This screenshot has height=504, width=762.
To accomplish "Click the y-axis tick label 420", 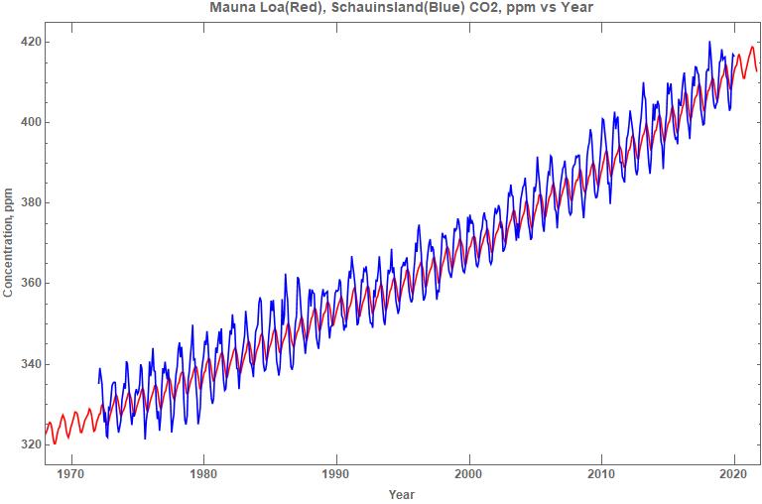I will point(28,42).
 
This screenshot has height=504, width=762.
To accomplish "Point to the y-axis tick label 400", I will point(28,122).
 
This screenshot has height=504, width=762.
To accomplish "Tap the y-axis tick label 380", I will point(28,202).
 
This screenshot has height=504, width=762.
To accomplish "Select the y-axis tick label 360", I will point(28,283).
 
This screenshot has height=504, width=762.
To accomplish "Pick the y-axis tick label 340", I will point(28,363).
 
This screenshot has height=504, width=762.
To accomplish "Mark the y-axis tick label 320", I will point(28,443).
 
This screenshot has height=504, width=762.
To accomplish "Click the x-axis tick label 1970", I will point(70,473).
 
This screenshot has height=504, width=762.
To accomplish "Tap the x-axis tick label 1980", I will point(203,473).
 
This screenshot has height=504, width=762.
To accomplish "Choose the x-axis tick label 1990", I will point(336,473).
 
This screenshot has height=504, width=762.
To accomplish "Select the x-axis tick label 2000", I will point(468,473).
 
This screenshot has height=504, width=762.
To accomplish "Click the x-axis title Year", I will point(402,494).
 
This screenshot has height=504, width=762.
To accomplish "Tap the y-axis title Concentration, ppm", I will point(9,244).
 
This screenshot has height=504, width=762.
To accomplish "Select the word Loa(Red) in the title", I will point(288,8).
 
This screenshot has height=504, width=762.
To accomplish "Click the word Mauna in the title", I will point(231,8).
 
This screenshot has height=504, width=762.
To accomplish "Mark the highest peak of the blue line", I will point(709,42).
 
